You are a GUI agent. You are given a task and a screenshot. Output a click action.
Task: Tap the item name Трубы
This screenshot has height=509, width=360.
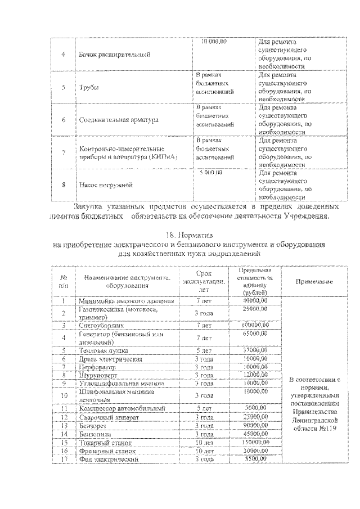[86, 87]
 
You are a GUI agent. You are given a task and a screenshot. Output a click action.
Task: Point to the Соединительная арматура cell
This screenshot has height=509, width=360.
[118, 119]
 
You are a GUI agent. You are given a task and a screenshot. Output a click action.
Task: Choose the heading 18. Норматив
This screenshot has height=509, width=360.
[191, 234]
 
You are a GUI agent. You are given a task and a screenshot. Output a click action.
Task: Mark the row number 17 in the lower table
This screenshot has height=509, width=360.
[64, 459]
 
